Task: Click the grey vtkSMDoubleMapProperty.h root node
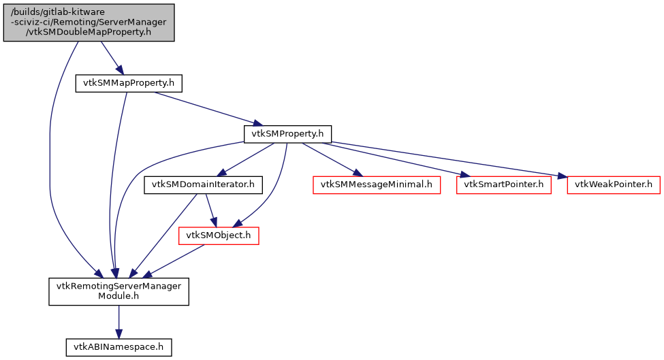pyautogui.click(x=89, y=22)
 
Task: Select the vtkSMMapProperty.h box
pyautogui.click(x=129, y=83)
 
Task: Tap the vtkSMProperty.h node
pyautogui.click(x=287, y=133)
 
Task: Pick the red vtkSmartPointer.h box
pyautogui.click(x=503, y=184)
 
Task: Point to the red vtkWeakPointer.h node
pyautogui.click(x=614, y=184)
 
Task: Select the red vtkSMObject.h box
pyautogui.click(x=219, y=235)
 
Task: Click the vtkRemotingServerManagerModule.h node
pyautogui.click(x=118, y=292)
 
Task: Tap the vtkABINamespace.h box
pyautogui.click(x=118, y=347)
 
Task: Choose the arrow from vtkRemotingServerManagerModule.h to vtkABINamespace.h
pyautogui.click(x=118, y=321)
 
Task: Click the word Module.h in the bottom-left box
pyautogui.click(x=118, y=297)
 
